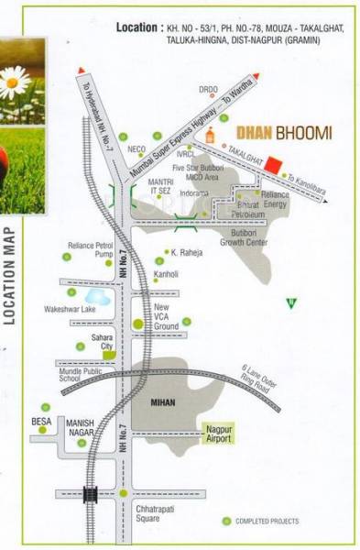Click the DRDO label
click(209, 90)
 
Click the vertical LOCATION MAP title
click(13, 275)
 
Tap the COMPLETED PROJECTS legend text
click(267, 521)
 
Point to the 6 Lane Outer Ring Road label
click(257, 378)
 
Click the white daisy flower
click(13, 82)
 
